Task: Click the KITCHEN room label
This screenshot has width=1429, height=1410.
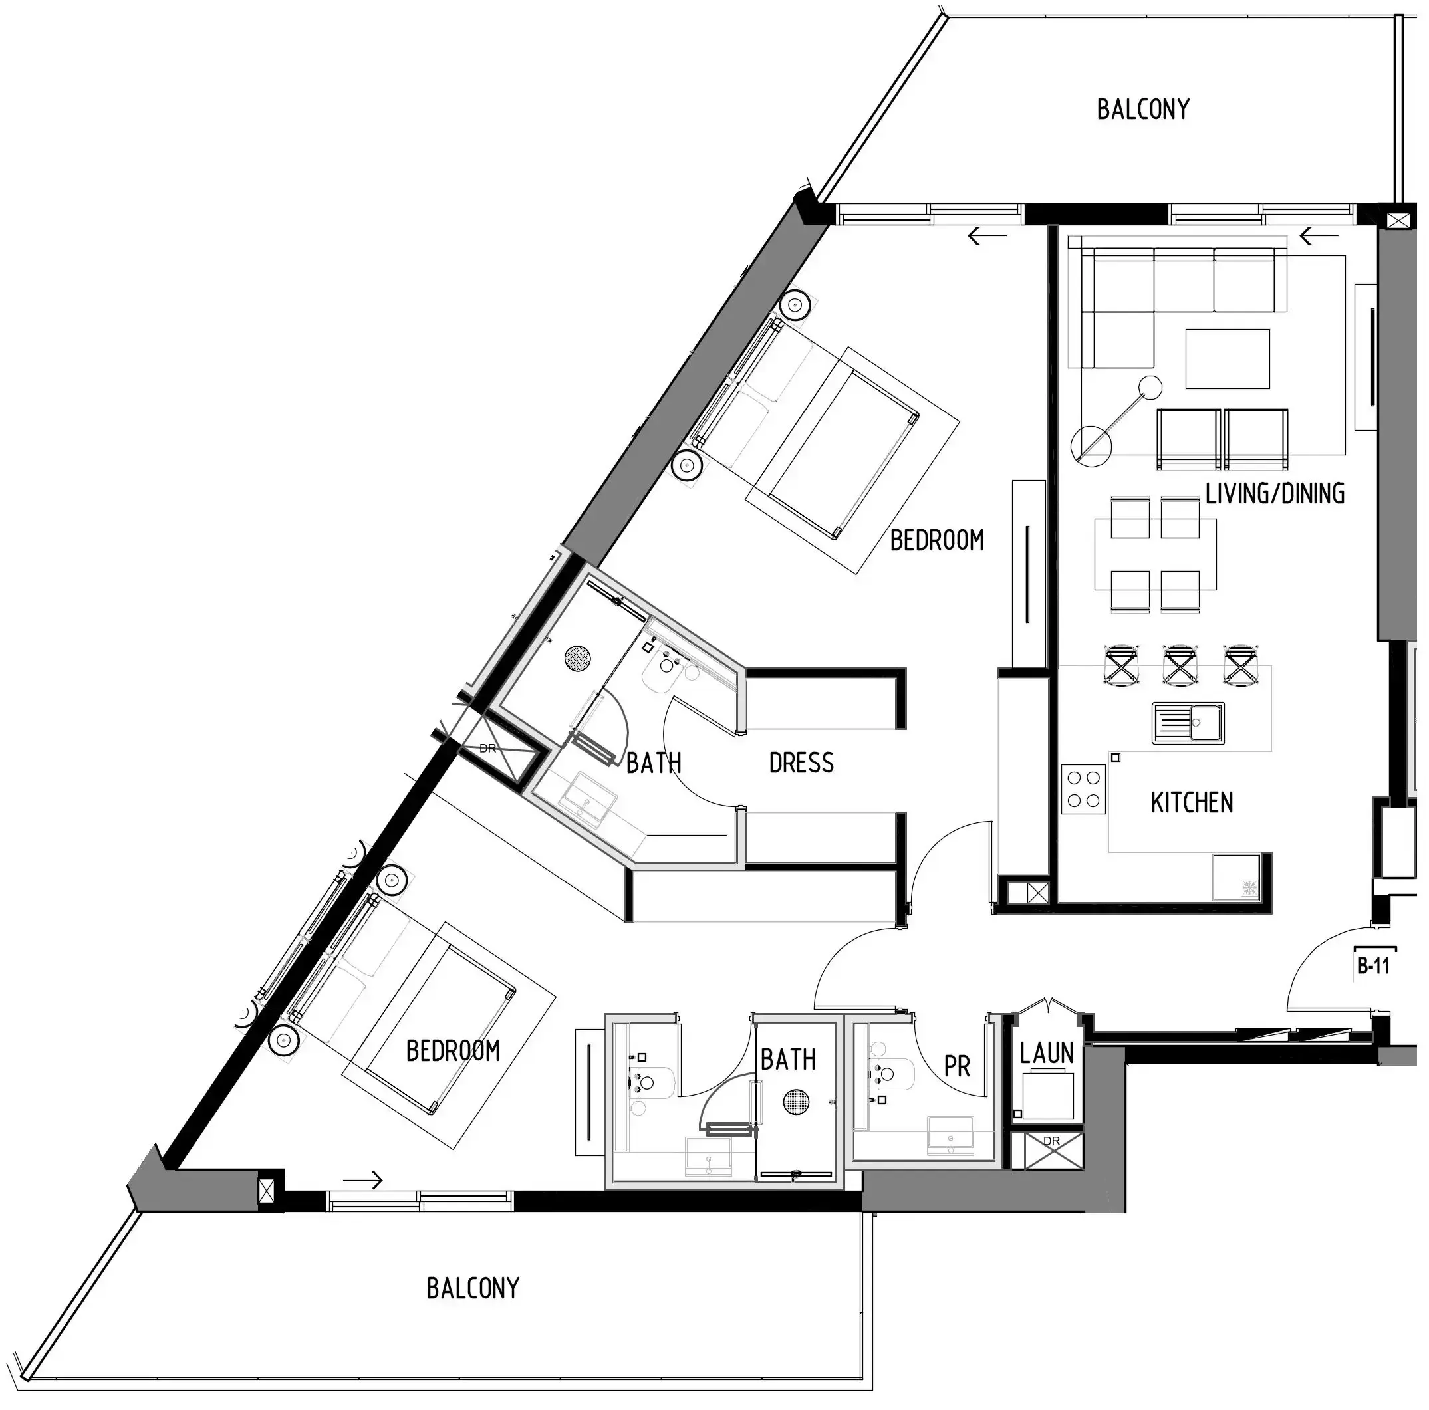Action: point(1192,802)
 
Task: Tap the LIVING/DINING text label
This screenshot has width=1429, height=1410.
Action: point(1275,493)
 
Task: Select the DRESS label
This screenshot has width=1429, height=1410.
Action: point(801,763)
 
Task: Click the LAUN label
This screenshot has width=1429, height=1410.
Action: point(1046,1053)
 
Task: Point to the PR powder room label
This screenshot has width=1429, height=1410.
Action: point(956,1066)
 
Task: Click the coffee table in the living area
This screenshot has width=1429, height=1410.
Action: point(1227,358)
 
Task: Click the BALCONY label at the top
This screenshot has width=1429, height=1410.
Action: point(1143,110)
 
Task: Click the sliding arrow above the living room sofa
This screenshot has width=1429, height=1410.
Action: point(1319,237)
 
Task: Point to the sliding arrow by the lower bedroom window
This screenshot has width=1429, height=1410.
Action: point(363,1179)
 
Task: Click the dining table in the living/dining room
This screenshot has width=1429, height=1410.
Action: point(1154,554)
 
